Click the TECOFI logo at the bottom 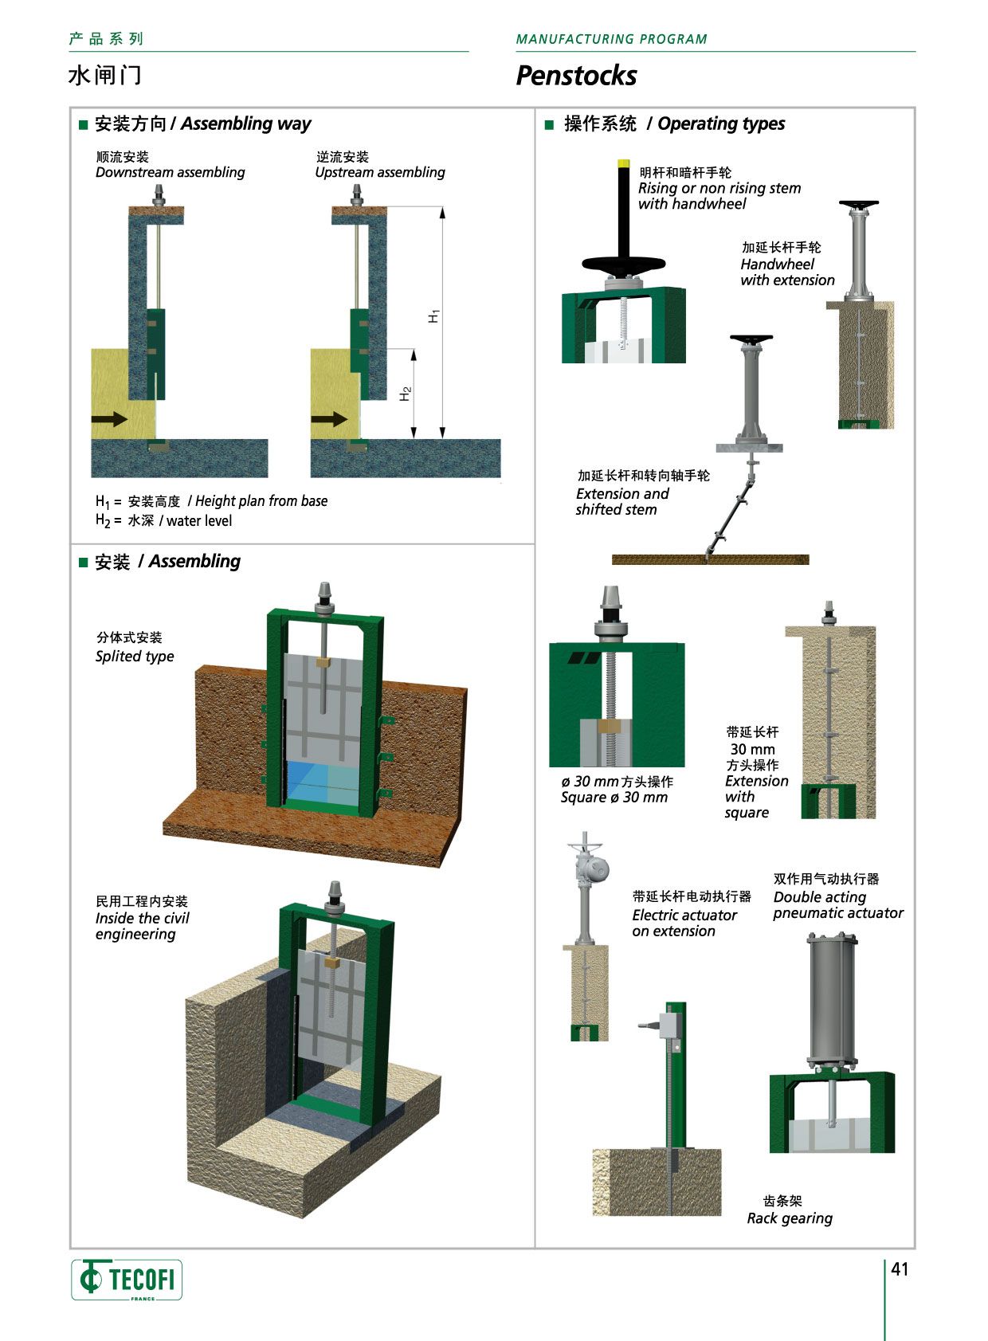click(x=127, y=1280)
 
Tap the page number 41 click(x=900, y=1269)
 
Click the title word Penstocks click(x=576, y=76)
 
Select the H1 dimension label click(x=433, y=316)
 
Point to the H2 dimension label click(x=405, y=394)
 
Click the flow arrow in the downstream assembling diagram click(x=109, y=418)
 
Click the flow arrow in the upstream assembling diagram click(x=328, y=418)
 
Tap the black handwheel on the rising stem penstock click(x=623, y=265)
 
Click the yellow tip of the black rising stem click(x=623, y=163)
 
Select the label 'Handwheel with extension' click(x=787, y=272)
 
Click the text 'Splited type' click(x=135, y=657)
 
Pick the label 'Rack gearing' click(x=790, y=1218)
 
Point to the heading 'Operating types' click(x=721, y=124)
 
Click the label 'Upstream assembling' click(x=380, y=172)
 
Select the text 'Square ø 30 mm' click(x=614, y=798)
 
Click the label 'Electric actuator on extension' click(x=684, y=923)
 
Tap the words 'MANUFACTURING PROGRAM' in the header click(x=611, y=39)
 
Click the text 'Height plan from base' click(x=261, y=501)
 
